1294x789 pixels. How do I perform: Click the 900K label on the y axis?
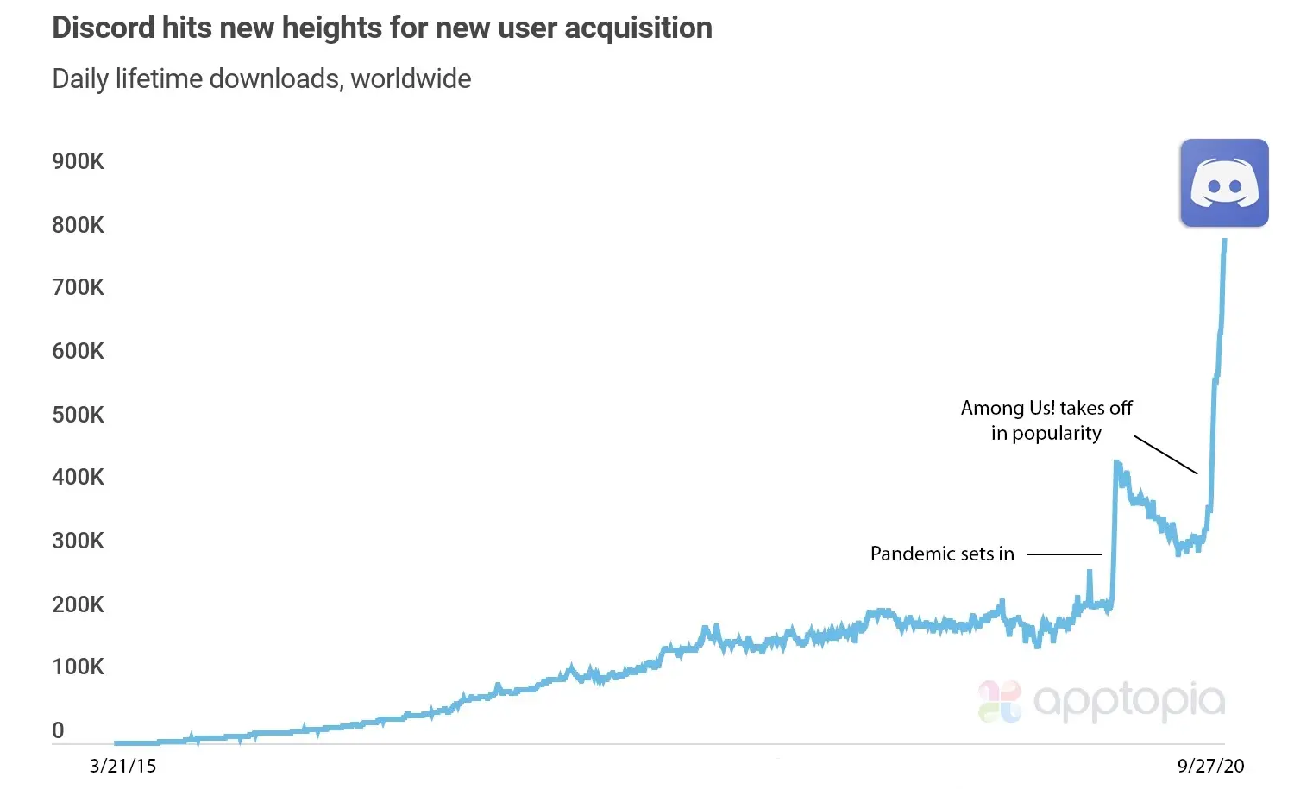pyautogui.click(x=78, y=161)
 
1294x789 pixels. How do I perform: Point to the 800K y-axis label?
pyautogui.click(x=78, y=225)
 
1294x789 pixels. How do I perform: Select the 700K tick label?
pyautogui.click(x=78, y=287)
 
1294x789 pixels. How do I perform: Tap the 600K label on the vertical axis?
pyautogui.click(x=78, y=351)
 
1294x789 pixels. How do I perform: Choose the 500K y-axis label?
pyautogui.click(x=78, y=415)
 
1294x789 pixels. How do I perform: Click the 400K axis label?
pyautogui.click(x=78, y=477)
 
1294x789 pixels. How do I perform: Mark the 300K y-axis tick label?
pyautogui.click(x=78, y=541)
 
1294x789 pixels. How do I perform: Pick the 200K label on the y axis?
pyautogui.click(x=78, y=604)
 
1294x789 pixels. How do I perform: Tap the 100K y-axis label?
pyautogui.click(x=78, y=667)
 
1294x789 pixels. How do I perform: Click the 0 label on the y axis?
pyautogui.click(x=58, y=730)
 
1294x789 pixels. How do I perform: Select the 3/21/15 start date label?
pyautogui.click(x=123, y=766)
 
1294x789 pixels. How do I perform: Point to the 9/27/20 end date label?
pyautogui.click(x=1210, y=766)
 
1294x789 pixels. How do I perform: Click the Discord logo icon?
pyautogui.click(x=1224, y=183)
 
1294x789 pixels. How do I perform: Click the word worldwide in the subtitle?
pyautogui.click(x=411, y=78)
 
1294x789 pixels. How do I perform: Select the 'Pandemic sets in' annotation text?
pyautogui.click(x=942, y=554)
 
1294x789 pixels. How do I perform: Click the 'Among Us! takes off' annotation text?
pyautogui.click(x=1046, y=408)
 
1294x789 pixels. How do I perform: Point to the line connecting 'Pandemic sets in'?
pyautogui.click(x=1064, y=554)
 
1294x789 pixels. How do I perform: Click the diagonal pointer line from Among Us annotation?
pyautogui.click(x=1165, y=454)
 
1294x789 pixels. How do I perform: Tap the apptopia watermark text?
pyautogui.click(x=1128, y=701)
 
